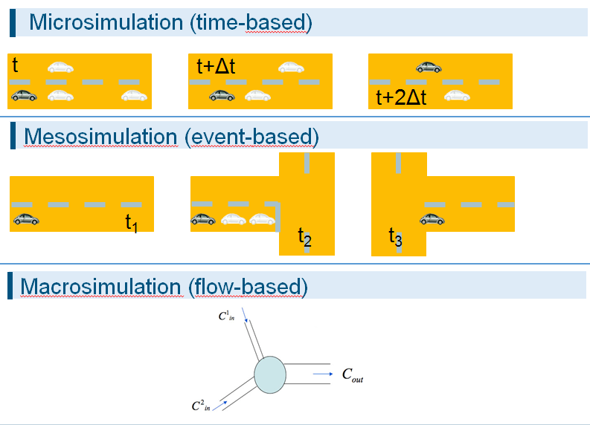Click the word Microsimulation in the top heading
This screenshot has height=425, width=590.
[107, 23]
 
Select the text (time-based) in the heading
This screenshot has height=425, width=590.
[251, 23]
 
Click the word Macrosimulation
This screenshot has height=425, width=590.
[100, 286]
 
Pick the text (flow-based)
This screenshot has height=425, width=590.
[246, 286]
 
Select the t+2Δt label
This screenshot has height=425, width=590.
[402, 98]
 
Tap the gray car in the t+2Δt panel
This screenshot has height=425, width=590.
[429, 68]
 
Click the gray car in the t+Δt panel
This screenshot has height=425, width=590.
[222, 95]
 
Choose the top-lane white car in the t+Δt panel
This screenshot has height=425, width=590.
[291, 67]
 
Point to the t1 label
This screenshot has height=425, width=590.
[132, 222]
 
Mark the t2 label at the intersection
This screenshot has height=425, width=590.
[304, 237]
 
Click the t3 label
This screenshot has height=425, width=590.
[395, 237]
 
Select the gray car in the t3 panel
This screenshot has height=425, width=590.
[432, 219]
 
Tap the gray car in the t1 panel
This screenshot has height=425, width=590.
[27, 219]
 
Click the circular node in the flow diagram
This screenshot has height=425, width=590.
[269, 374]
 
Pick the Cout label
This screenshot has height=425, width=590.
[352, 377]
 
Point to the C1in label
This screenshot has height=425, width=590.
[226, 316]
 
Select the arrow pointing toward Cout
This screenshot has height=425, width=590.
[321, 374]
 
